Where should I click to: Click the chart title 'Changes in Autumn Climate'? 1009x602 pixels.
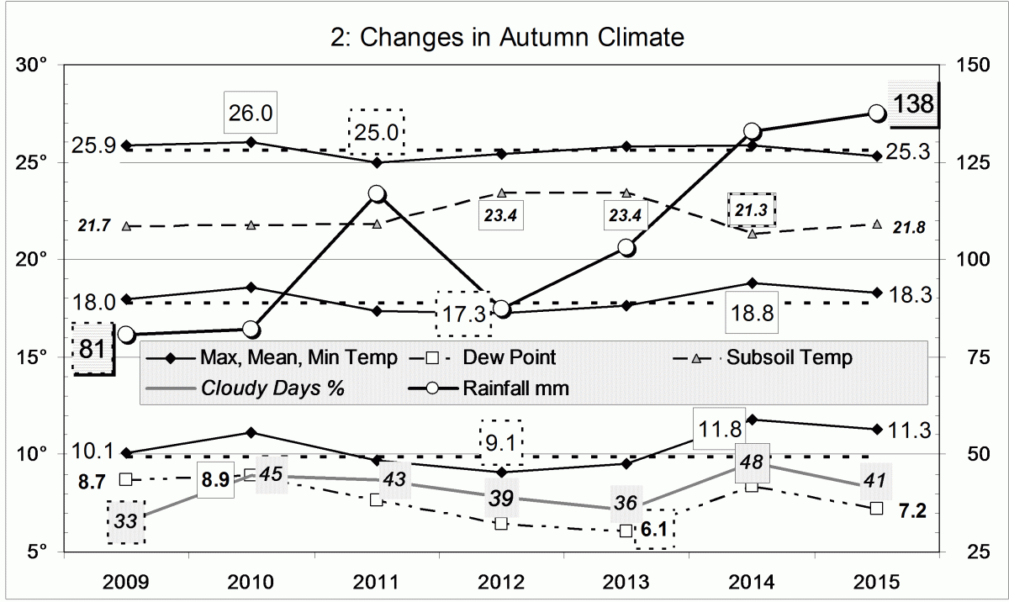pyautogui.click(x=504, y=38)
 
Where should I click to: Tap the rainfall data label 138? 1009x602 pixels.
pyautogui.click(x=912, y=104)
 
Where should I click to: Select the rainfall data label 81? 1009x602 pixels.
pyautogui.click(x=92, y=348)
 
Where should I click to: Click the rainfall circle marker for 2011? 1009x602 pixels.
pyautogui.click(x=377, y=194)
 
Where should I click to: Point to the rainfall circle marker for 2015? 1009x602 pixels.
pyautogui.click(x=876, y=114)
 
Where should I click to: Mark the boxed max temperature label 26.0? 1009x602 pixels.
pyautogui.click(x=250, y=113)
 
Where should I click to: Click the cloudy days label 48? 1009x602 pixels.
pyautogui.click(x=752, y=462)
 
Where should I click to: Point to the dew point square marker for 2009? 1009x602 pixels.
pyautogui.click(x=126, y=479)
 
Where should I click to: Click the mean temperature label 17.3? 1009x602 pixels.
pyautogui.click(x=462, y=314)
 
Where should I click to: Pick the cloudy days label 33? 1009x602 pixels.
pyautogui.click(x=126, y=521)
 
